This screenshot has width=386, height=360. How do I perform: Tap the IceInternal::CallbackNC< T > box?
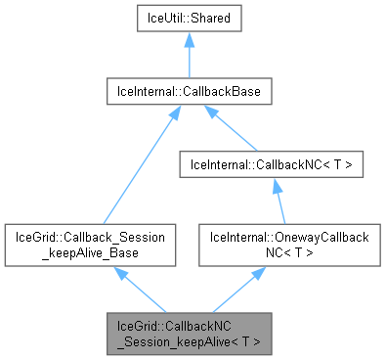271,166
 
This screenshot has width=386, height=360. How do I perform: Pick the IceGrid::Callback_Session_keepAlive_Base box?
91,245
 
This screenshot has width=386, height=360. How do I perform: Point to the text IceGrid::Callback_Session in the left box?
91,237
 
